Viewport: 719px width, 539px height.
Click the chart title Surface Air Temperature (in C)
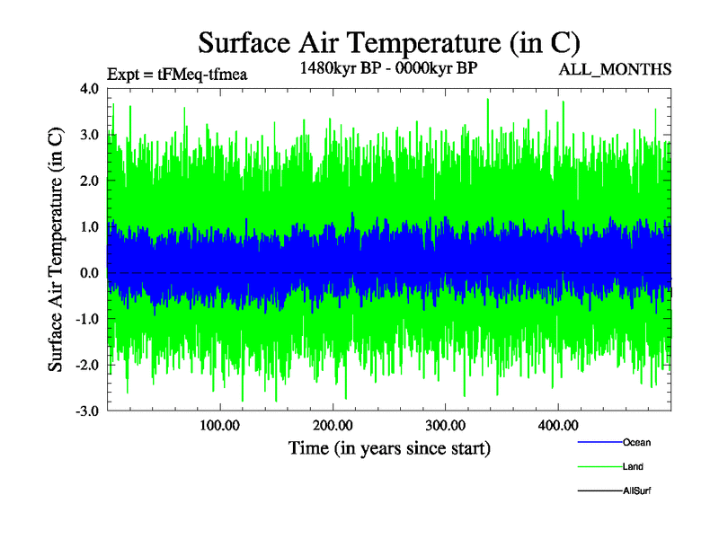coord(388,42)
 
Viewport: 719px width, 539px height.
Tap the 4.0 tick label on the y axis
coord(90,89)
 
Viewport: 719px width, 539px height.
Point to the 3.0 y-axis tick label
coord(90,135)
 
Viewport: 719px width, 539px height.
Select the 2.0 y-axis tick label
coord(90,181)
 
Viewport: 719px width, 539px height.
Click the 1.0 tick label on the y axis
coord(90,227)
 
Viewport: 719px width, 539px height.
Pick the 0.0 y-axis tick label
coord(90,273)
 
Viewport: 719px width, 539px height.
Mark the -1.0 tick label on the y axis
coord(88,319)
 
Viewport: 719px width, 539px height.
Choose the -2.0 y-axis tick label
coord(88,366)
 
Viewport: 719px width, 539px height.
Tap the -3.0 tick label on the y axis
coord(88,411)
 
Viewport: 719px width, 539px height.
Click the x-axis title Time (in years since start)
coord(389,446)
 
